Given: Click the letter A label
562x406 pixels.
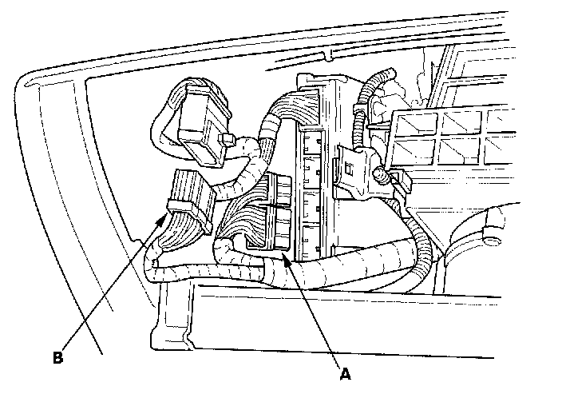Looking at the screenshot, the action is pos(345,372).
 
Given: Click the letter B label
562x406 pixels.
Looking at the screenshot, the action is pos(57,356).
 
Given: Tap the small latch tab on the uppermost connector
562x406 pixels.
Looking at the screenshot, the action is pos(227,142).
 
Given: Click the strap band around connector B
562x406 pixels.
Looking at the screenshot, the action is pos(180,210).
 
